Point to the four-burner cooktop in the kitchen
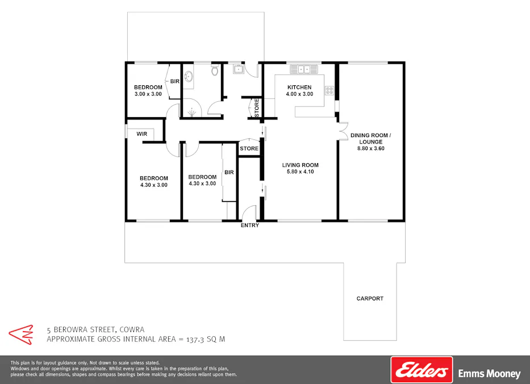[x=329, y=90]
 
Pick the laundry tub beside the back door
[x=239, y=70]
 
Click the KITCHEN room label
[x=299, y=87]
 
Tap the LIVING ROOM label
[x=301, y=166]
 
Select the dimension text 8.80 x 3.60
[x=370, y=149]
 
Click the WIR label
[x=142, y=134]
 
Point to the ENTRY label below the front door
[x=250, y=225]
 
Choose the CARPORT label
[x=370, y=298]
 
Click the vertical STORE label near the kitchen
[x=257, y=108]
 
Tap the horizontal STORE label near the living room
[x=249, y=148]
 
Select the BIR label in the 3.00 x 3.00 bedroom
[x=175, y=81]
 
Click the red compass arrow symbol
[x=21, y=334]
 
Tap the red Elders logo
[x=422, y=370]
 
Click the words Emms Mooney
[x=489, y=374]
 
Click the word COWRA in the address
[x=132, y=329]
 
